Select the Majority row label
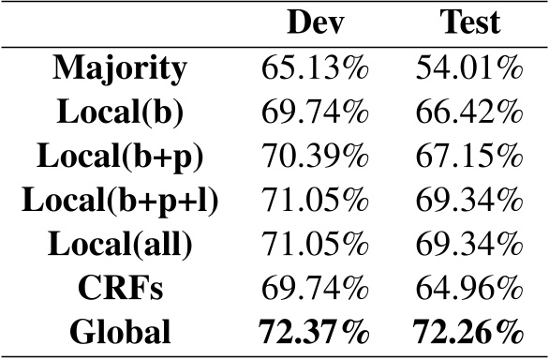[120, 68]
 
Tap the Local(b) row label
[120, 112]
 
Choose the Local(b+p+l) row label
[120, 201]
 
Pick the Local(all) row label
[120, 244]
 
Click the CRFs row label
[120, 288]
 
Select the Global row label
[120, 332]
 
